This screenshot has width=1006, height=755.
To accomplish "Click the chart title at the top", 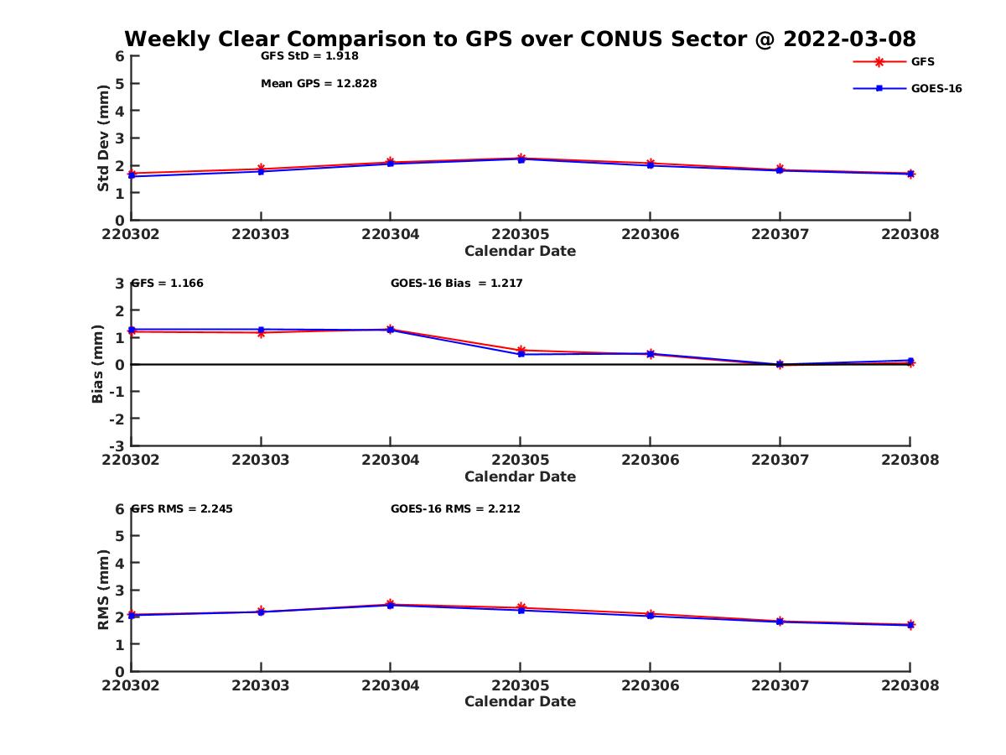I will [520, 39].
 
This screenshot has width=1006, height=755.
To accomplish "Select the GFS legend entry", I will [922, 61].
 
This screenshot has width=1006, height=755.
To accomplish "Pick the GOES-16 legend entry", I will [936, 88].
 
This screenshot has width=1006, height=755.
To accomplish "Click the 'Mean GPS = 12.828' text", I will [319, 83].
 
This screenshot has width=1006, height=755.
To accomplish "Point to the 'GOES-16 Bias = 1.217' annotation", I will [456, 283].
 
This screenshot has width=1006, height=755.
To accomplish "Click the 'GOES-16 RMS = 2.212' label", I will [455, 508].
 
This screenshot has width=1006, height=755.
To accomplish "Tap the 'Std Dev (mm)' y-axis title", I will [103, 138].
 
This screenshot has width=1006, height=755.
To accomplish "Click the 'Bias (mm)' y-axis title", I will [98, 364].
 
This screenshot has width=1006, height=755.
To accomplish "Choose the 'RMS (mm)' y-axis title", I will [103, 590].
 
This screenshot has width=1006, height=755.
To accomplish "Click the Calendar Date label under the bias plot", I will [520, 476].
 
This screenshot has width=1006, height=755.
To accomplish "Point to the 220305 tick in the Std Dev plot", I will [520, 234].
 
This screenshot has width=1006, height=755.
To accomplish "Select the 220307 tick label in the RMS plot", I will [780, 685].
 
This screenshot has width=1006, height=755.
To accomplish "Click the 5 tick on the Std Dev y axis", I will [120, 83].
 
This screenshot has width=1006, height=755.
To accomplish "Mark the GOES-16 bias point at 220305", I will [521, 354].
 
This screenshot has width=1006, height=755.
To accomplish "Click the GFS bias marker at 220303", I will [261, 333].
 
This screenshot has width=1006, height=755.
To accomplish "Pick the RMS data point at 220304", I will [391, 604].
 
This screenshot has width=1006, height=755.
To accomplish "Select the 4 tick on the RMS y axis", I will [120, 563].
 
